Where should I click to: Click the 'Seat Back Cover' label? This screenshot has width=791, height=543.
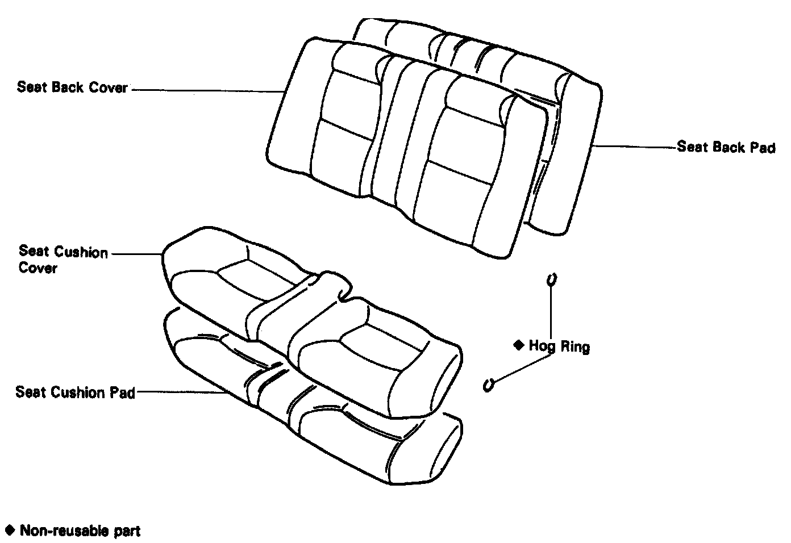[72, 87]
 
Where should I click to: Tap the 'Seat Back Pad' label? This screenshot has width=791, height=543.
[726, 148]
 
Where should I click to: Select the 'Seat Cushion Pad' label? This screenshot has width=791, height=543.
[75, 392]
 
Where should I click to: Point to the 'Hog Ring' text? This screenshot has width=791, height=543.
[559, 346]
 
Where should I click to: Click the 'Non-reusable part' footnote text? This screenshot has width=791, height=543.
[80, 531]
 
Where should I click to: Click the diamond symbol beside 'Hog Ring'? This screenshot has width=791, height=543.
[518, 345]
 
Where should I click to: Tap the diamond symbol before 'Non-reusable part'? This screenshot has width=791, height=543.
[9, 531]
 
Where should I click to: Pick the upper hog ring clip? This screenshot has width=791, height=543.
[550, 279]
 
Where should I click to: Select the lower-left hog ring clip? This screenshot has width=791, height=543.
[488, 385]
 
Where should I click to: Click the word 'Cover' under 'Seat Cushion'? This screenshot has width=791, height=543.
[38, 268]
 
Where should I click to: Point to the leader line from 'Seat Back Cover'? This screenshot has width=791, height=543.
[207, 90]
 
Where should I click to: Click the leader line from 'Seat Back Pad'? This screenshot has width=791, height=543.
[634, 147]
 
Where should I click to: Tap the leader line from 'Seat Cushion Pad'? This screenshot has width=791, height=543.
[182, 391]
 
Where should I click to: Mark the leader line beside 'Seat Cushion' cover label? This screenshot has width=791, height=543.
[136, 253]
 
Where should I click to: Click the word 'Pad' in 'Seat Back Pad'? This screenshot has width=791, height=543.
[763, 148]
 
